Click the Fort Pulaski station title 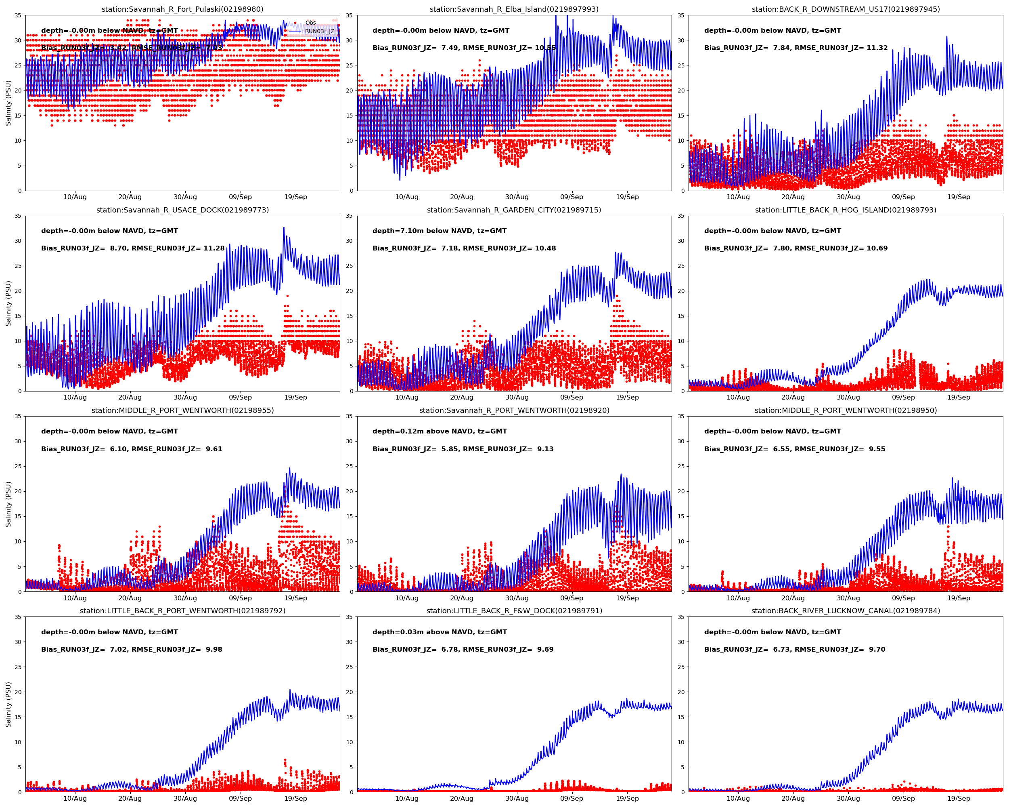click(x=182, y=9)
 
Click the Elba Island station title click(x=514, y=9)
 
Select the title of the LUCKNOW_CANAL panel click(x=845, y=611)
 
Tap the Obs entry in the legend click(x=310, y=23)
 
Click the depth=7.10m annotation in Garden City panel click(x=440, y=231)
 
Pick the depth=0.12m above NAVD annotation click(x=440, y=431)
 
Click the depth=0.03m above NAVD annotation click(x=440, y=632)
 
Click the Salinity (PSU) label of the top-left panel click(x=8, y=103)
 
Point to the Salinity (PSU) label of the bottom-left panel click(x=8, y=705)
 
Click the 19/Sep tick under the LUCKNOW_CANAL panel click(x=959, y=799)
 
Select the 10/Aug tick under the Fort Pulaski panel click(x=75, y=197)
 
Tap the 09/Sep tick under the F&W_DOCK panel click(x=571, y=799)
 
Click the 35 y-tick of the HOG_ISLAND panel click(x=681, y=216)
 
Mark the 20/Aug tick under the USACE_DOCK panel click(x=130, y=398)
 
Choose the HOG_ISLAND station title click(x=845, y=210)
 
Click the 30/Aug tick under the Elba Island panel click(x=517, y=197)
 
